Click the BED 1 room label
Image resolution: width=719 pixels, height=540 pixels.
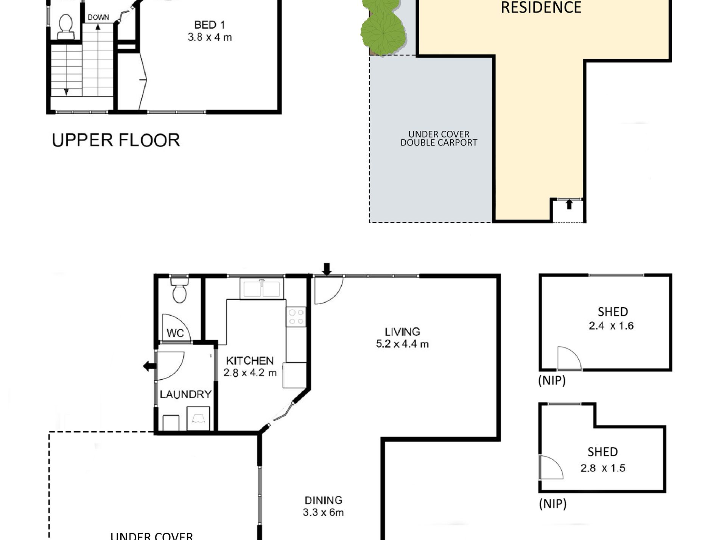[210, 25]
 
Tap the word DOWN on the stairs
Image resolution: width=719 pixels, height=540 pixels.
[98, 17]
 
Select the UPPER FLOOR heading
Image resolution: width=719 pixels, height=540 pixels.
[116, 140]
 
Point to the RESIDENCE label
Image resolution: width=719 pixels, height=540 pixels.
[541, 8]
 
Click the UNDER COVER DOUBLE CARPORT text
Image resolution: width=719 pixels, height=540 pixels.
[439, 138]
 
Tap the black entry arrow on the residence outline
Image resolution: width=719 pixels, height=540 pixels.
[569, 205]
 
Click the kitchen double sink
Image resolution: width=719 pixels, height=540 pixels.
[261, 289]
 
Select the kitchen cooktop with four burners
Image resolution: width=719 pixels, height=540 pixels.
[296, 317]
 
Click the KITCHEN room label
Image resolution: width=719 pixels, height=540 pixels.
[250, 360]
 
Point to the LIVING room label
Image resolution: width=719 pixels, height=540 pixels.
[402, 332]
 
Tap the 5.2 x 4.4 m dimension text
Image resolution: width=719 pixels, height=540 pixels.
[402, 344]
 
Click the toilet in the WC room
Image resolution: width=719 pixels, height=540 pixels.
[179, 290]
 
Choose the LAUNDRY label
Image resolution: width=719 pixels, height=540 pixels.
[185, 394]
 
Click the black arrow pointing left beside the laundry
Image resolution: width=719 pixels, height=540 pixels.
[149, 366]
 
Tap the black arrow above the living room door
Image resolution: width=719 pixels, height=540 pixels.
[327, 269]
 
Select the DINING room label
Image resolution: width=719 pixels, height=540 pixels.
[323, 500]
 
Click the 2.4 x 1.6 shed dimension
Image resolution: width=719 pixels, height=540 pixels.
[611, 326]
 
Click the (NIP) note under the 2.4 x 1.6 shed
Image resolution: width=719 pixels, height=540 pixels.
[552, 380]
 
